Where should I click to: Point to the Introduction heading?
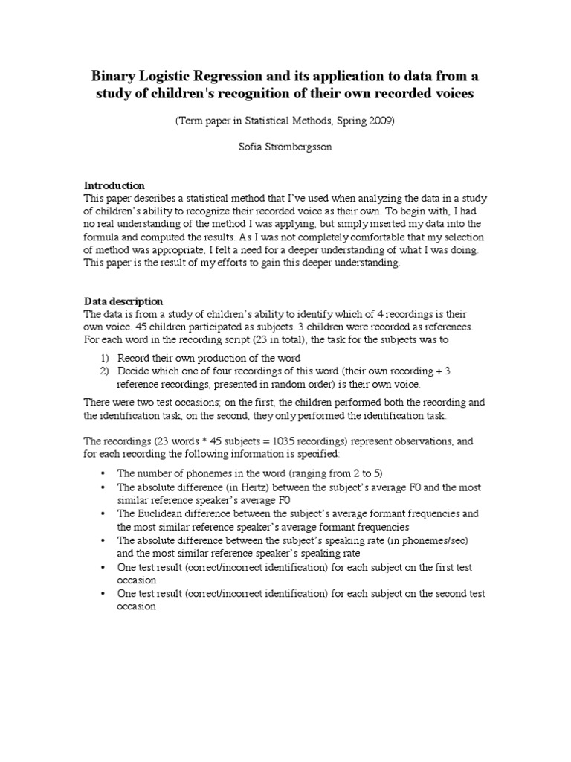click(114, 185)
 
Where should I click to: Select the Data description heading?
click(123, 301)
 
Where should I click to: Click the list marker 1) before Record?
click(104, 358)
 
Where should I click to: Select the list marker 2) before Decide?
click(104, 371)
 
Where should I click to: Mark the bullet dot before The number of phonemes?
click(103, 474)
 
